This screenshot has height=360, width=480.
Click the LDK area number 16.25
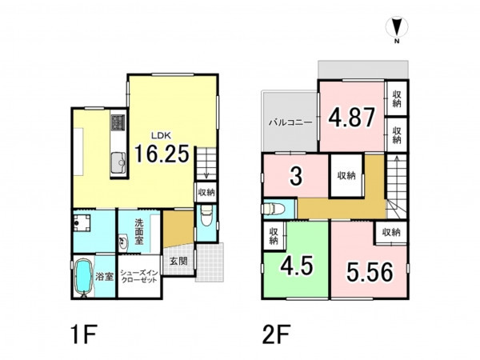(x=162, y=154)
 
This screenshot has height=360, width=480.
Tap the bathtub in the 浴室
(x=83, y=278)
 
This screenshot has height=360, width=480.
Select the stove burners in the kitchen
(x=118, y=122)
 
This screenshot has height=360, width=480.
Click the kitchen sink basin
(x=118, y=163)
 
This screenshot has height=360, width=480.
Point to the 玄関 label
(x=178, y=261)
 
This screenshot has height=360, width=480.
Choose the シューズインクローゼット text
(x=139, y=276)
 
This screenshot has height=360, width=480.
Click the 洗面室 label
(x=139, y=231)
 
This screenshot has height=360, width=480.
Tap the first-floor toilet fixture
(x=206, y=215)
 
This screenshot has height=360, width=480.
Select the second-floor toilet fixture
(x=274, y=209)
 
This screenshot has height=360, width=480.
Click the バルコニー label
(x=290, y=123)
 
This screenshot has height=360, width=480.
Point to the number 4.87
(x=351, y=118)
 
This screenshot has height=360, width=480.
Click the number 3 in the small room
(x=296, y=176)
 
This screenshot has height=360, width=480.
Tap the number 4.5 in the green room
(x=297, y=265)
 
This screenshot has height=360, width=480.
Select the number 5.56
(x=370, y=272)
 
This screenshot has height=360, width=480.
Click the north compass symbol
(x=397, y=27)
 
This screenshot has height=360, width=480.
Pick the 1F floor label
(x=84, y=334)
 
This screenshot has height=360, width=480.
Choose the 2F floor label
(x=276, y=334)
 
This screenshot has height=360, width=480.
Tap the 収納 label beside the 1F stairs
(x=206, y=193)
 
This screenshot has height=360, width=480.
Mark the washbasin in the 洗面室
(x=123, y=242)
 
